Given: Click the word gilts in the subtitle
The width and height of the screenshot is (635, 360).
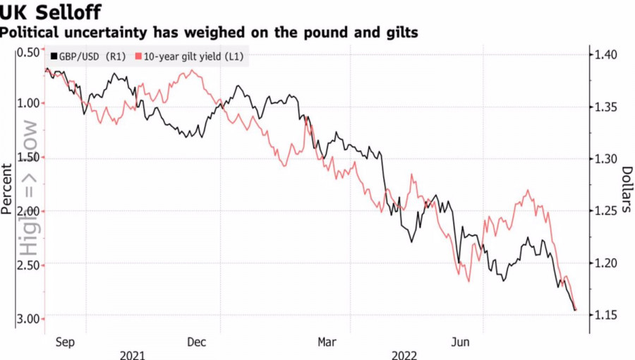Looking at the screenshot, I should click(396, 32).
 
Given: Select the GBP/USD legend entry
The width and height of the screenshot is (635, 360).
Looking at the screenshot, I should click(88, 57).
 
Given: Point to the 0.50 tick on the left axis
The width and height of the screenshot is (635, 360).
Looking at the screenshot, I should click(29, 52).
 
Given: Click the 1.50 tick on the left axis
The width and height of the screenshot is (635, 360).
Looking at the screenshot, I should click(29, 157).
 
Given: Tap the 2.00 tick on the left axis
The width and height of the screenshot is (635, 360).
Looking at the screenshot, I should click(29, 211).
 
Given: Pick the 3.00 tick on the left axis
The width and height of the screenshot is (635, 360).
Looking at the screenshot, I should click(29, 318).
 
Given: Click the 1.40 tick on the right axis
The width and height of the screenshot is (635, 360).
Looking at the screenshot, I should click(607, 55).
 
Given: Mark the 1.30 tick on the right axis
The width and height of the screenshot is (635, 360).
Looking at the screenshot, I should click(607, 159).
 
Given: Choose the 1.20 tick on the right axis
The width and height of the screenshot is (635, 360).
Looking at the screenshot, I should click(607, 263).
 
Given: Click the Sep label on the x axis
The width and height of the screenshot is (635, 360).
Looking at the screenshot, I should click(64, 342).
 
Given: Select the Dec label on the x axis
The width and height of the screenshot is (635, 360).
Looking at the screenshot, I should click(197, 342).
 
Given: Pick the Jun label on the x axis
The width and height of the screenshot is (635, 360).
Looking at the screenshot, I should click(461, 342).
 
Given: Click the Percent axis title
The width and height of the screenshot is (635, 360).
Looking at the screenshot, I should click(8, 188).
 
